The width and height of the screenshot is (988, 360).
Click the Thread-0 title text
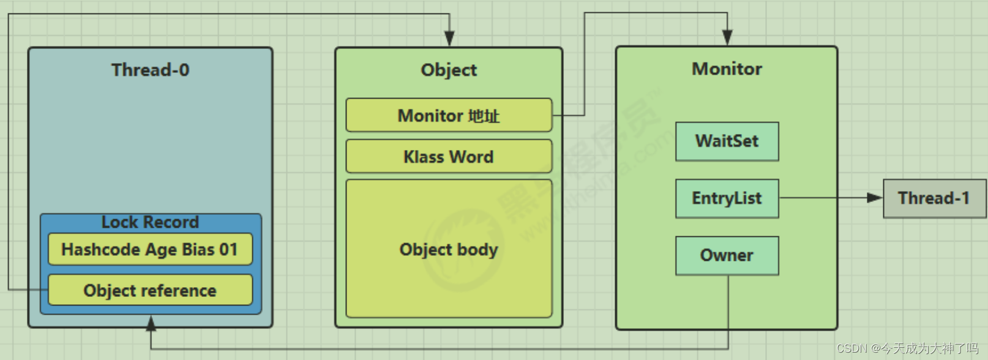[150, 70]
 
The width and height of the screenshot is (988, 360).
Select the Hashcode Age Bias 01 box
[150, 249]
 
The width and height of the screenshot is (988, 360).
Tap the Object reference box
[150, 290]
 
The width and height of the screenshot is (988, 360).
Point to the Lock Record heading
[150, 222]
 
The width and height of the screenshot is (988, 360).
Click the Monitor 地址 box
[449, 115]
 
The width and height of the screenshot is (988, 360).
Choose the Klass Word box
[449, 157]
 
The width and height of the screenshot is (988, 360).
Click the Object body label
[449, 249]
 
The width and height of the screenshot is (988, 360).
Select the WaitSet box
[727, 141]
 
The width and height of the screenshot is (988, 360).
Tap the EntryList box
[727, 198]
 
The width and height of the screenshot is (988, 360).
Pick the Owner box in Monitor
[727, 255]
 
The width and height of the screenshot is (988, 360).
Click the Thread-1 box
[934, 198]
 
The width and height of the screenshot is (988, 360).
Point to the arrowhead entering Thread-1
[875, 198]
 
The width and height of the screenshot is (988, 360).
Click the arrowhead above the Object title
[449, 39]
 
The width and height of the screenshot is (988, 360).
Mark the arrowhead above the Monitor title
[727, 37]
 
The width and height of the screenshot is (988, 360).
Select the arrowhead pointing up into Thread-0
[151, 323]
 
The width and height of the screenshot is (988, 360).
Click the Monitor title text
[727, 69]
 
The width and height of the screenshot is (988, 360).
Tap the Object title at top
[449, 70]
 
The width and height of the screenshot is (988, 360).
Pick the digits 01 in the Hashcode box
[228, 249]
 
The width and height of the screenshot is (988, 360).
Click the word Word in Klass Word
[471, 157]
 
